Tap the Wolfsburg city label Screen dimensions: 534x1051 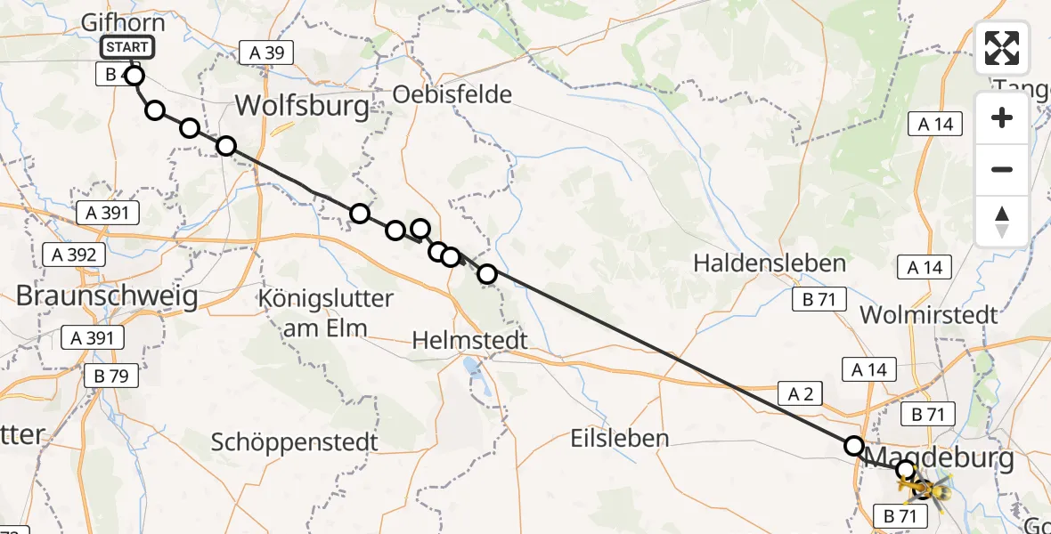(302, 108)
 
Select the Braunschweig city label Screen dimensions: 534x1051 (107, 296)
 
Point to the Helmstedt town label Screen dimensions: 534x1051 (470, 340)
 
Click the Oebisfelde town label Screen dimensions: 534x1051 (453, 94)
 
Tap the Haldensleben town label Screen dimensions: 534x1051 (769, 263)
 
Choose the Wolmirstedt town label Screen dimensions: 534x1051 (928, 314)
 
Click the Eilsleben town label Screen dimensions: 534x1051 (620, 438)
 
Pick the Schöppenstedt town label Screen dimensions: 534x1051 (295, 441)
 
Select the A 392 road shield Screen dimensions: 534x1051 (75, 255)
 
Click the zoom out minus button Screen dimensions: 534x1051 (1002, 170)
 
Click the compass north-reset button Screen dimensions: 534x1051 (1002, 221)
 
